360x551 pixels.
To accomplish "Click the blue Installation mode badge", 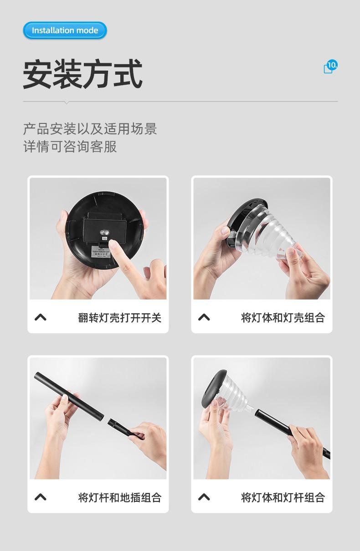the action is click(65, 31).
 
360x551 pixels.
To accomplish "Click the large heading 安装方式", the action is click(83, 74).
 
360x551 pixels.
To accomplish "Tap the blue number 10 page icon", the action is click(330, 66).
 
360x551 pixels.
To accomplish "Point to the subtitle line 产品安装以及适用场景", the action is click(90, 129).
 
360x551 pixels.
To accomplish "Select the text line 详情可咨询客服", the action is click(70, 147).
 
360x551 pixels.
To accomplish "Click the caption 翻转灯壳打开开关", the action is click(120, 317).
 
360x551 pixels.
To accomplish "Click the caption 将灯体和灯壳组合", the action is click(283, 317).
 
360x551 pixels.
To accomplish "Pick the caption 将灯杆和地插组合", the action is click(120, 497).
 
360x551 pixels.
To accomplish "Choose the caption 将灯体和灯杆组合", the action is click(283, 497).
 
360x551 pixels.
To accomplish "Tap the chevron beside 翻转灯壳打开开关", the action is click(41, 317).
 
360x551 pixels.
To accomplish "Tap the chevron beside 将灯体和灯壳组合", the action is click(204, 317).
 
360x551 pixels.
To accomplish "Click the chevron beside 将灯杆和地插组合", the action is click(41, 497).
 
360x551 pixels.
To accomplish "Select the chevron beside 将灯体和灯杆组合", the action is click(204, 497).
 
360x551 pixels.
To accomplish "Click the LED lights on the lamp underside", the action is click(105, 232).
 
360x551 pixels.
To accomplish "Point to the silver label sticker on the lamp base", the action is click(101, 252).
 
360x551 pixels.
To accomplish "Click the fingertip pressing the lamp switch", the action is click(113, 245).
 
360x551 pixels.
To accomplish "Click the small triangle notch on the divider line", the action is click(67, 103).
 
